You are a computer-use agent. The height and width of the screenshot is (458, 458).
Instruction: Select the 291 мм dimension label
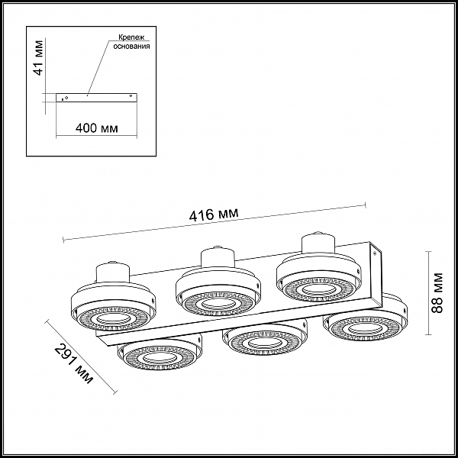[74, 363]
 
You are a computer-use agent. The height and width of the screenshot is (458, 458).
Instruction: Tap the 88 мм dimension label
[437, 292]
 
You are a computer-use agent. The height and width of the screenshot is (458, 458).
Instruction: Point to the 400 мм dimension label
[97, 128]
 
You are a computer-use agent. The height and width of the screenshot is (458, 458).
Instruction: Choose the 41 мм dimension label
[38, 58]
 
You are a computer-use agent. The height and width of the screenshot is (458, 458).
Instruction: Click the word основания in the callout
[131, 46]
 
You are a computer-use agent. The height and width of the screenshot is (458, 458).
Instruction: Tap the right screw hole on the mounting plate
[131, 95]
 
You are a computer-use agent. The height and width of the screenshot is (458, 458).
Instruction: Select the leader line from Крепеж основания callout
[98, 67]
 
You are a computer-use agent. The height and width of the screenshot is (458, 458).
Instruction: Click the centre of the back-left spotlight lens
[109, 318]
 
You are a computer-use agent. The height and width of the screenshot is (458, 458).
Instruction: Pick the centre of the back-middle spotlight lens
[214, 304]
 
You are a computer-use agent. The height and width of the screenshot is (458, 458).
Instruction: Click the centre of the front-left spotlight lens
[160, 358]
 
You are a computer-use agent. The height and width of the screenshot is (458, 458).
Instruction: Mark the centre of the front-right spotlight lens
[365, 328]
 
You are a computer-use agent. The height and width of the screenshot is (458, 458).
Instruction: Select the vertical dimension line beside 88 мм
[428, 292]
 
